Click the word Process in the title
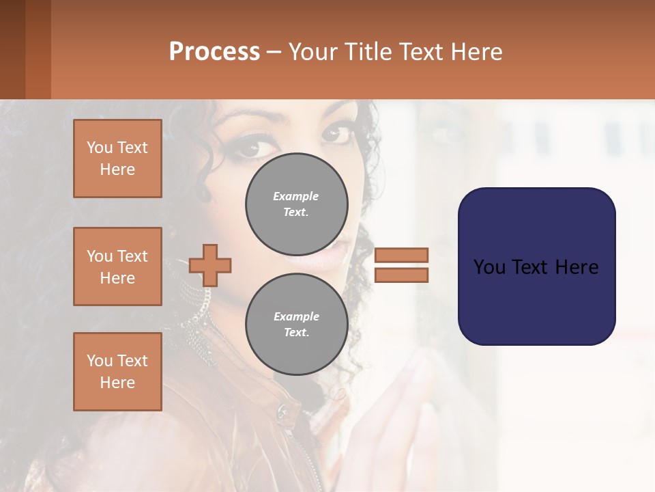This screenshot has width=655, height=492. point(214,51)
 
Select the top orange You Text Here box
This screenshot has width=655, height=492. point(117,159)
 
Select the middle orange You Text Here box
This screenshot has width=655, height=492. point(117,266)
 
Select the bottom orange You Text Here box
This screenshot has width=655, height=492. point(117,372)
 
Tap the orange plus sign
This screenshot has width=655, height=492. point(210,265)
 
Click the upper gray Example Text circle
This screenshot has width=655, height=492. point(297,204)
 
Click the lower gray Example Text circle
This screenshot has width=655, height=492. point(297,325)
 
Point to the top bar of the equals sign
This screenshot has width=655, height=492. point(401,255)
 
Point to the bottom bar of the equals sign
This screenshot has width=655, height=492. point(401,275)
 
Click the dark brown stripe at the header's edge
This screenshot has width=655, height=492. point(12,49)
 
